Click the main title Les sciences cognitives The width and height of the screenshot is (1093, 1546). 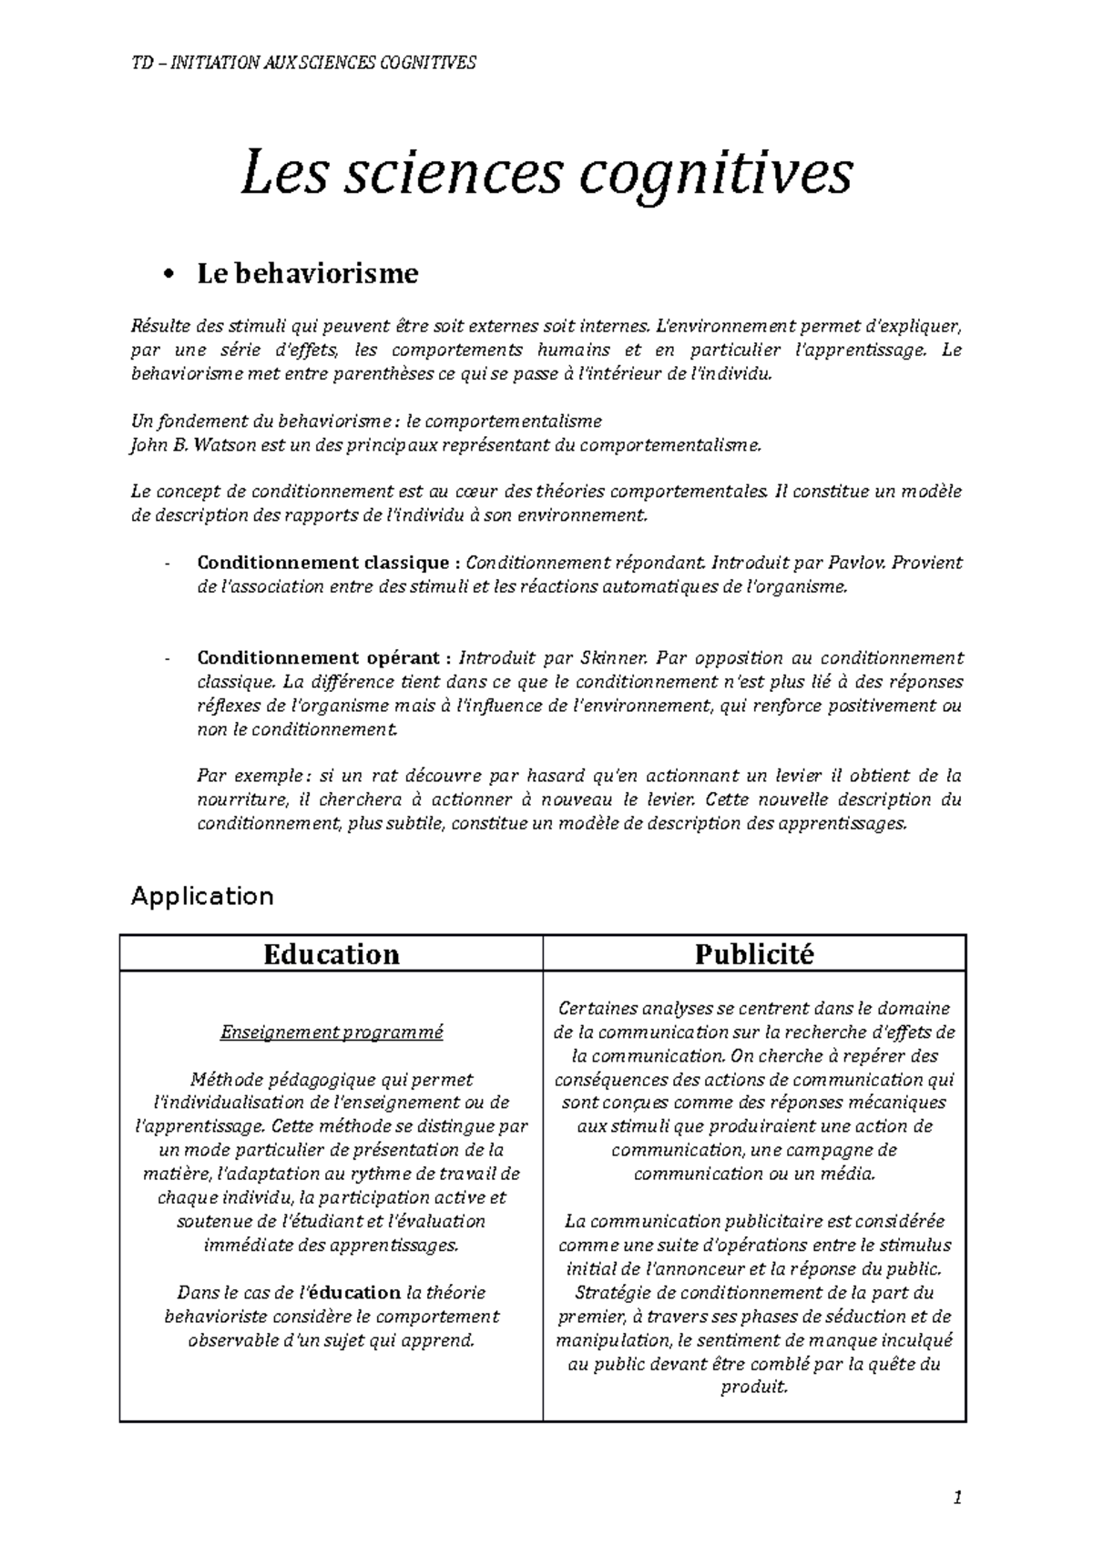546,174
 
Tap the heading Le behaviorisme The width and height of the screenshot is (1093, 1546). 307,273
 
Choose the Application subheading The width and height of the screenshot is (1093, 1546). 201,897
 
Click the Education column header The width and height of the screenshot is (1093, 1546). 331,953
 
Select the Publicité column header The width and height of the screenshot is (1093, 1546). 753,953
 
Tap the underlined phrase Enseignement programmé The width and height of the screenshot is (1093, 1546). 332,1032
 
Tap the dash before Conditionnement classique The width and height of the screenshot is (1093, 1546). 167,564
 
